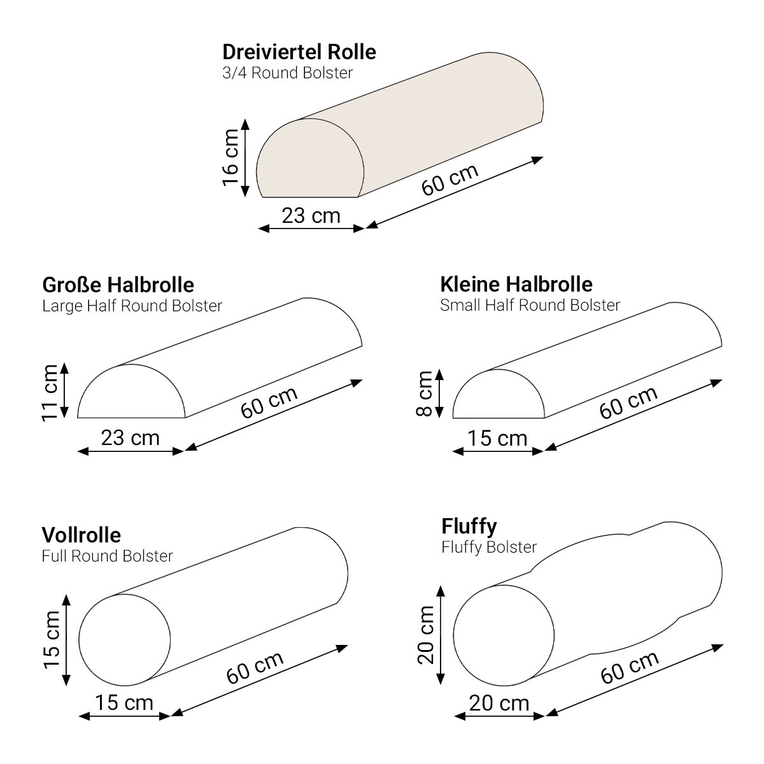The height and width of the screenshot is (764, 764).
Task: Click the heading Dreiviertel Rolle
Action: (299, 52)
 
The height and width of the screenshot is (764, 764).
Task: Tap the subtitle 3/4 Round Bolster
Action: (287, 73)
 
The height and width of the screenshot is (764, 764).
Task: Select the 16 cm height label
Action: (230, 157)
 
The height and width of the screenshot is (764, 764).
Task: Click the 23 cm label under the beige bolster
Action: (311, 216)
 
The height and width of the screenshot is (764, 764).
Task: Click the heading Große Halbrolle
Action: (118, 285)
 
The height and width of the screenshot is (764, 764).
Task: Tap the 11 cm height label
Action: (50, 393)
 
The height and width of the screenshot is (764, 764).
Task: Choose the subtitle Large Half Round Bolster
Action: (132, 306)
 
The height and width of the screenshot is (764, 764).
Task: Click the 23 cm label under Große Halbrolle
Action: (131, 437)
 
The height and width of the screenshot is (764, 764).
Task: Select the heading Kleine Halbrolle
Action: (516, 285)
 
